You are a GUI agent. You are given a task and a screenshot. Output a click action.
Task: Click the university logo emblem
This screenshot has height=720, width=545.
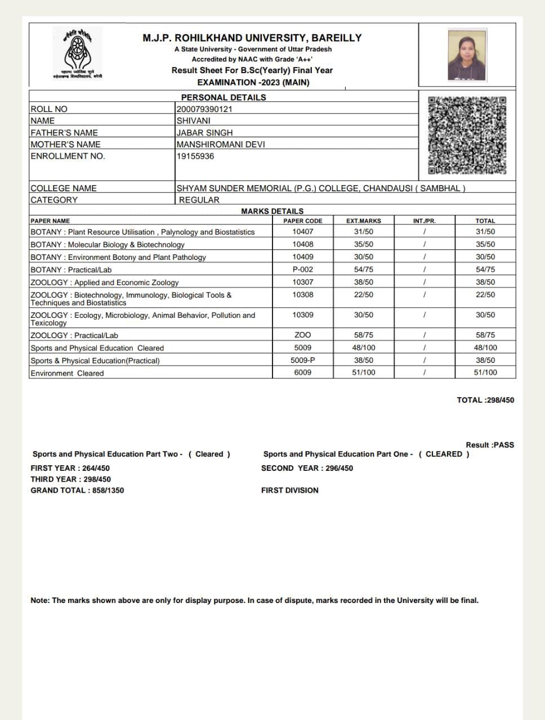point(78,53)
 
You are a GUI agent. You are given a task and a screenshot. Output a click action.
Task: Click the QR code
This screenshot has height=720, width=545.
point(467,136)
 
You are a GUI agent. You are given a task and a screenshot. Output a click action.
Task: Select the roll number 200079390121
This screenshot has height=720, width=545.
point(204,109)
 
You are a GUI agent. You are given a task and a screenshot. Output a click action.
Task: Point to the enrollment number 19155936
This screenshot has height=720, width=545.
point(195,156)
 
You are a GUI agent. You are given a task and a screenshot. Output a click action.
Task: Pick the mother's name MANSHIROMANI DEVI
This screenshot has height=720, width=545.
point(221,144)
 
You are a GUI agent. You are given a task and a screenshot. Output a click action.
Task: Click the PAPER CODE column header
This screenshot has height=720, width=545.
point(303,221)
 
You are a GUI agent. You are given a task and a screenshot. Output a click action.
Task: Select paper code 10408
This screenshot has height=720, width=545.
point(303,244)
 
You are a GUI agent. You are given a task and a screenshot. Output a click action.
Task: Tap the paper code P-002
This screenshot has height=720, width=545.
point(303,269)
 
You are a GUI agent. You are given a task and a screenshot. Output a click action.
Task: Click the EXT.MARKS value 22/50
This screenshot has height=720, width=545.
point(364,295)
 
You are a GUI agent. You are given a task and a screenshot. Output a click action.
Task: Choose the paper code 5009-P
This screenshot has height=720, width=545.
point(303,360)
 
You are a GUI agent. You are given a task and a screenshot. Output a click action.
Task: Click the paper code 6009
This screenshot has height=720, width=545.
point(303,372)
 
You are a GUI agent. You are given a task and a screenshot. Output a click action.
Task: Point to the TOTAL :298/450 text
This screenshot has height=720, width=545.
point(485,400)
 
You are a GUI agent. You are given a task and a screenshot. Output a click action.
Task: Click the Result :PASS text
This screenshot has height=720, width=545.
point(490,444)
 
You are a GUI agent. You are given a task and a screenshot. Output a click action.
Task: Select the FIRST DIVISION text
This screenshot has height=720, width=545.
point(289,490)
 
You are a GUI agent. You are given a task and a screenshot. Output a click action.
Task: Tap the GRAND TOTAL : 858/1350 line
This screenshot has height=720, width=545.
point(77,490)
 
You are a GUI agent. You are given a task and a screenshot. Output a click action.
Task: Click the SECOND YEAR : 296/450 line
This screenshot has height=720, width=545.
point(307,468)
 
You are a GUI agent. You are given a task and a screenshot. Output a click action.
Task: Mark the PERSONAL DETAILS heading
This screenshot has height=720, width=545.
point(224,97)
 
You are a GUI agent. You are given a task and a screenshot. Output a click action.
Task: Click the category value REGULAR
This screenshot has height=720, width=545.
point(199,200)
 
